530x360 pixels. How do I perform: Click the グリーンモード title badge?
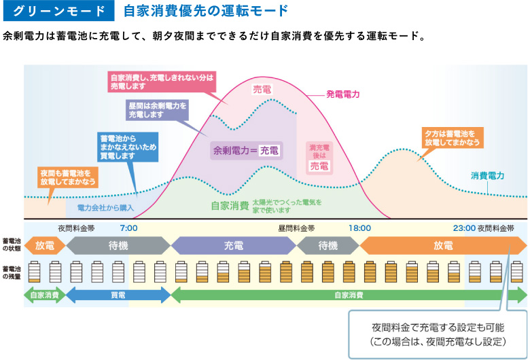(58, 12)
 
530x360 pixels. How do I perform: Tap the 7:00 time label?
(129, 228)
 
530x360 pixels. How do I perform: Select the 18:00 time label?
(359, 228)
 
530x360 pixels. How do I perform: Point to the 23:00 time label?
(465, 228)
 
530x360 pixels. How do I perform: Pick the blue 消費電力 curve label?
(488, 175)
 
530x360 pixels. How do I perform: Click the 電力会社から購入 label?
(105, 206)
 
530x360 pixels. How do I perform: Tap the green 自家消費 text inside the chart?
(230, 205)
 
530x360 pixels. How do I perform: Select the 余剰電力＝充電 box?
(246, 150)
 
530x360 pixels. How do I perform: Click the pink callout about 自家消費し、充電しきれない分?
(162, 82)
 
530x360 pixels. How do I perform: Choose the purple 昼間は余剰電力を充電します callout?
(157, 111)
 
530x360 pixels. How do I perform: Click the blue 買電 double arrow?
(118, 295)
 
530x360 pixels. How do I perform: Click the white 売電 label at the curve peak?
(262, 89)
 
